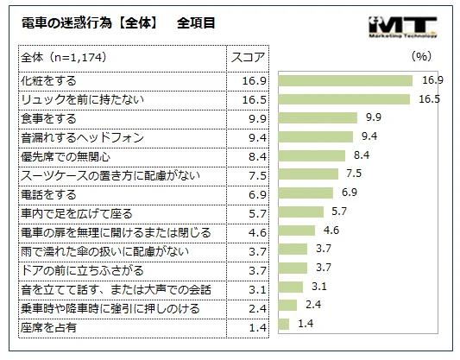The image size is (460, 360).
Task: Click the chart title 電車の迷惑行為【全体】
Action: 87,23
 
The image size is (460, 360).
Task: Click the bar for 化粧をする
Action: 344,80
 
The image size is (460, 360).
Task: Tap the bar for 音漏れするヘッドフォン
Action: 316,137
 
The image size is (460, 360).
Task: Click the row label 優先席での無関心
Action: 65,156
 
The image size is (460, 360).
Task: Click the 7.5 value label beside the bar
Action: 354,174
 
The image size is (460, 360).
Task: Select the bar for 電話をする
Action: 307,193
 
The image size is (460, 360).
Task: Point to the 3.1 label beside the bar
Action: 318,287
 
